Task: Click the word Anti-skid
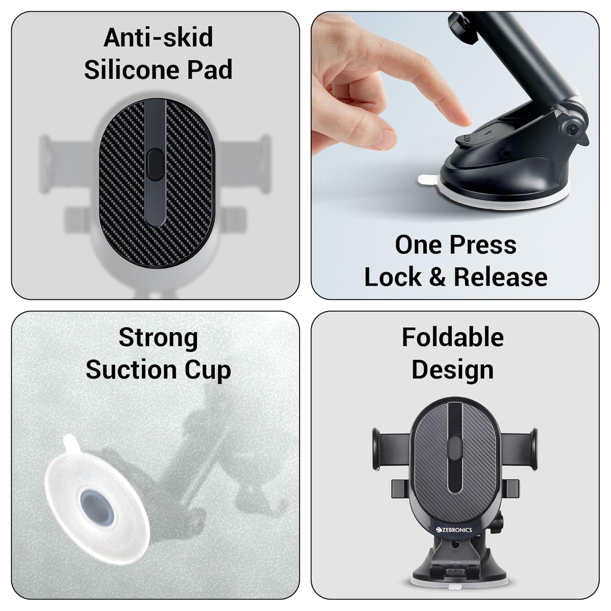click(158, 37)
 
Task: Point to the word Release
click(501, 277)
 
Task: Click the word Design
click(453, 371)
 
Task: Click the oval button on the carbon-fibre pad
click(155, 165)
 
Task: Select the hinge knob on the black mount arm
click(574, 130)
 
